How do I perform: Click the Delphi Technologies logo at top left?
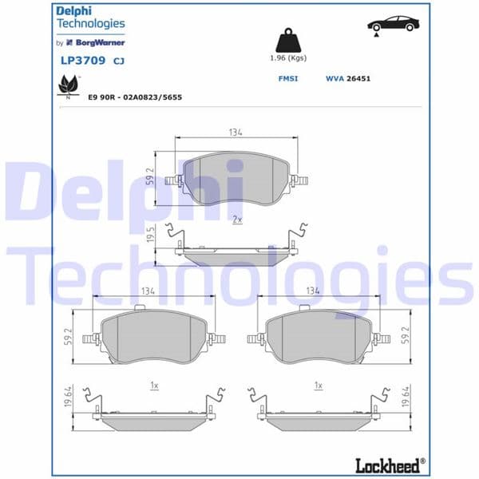(x=90, y=18)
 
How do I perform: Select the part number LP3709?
(x=78, y=60)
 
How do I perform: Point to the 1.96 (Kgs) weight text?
(x=287, y=59)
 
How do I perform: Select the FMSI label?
(x=287, y=79)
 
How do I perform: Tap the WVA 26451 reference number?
(x=348, y=79)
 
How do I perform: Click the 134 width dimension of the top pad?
(x=235, y=132)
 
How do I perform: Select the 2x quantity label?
(x=236, y=218)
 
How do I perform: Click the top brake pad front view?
(x=236, y=178)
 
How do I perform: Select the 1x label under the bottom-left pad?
(x=155, y=385)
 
